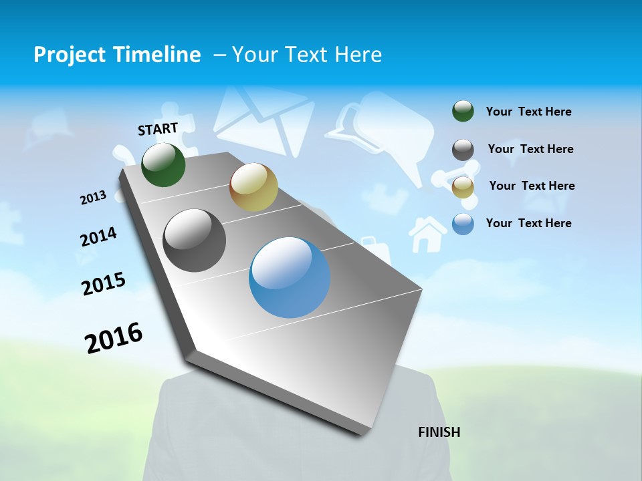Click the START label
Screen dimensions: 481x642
[158, 129]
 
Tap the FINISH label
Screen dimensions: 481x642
[439, 432]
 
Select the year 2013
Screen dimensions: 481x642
[93, 198]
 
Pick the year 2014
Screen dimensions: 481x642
[98, 237]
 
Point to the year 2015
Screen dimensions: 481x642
[104, 284]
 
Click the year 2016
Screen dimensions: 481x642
[114, 338]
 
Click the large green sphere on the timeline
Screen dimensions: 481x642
[163, 165]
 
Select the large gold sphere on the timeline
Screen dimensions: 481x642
[253, 187]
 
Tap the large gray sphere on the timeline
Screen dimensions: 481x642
[195, 240]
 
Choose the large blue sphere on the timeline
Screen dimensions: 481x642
[290, 277]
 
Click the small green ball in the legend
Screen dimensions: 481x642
[463, 112]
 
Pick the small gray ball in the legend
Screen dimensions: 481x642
[463, 150]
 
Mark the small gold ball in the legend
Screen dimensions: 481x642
[463, 187]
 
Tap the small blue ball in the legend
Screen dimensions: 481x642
[463, 224]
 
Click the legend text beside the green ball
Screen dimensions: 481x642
[528, 112]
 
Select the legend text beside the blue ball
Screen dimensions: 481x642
[528, 223]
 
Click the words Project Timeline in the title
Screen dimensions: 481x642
[117, 55]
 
